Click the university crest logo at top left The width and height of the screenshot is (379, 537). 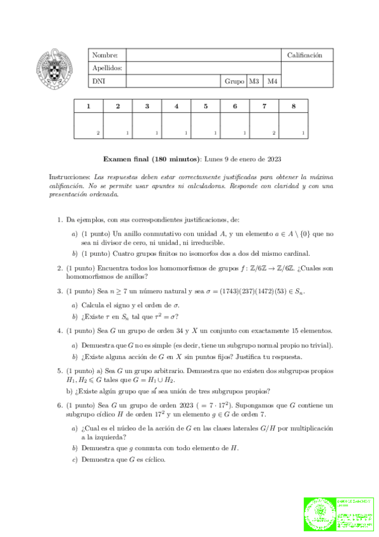point(56,69)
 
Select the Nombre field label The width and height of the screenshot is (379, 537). point(105,56)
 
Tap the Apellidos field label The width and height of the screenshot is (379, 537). point(108,68)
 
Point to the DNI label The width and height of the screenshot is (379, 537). point(99,82)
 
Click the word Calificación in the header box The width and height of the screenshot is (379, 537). point(305,56)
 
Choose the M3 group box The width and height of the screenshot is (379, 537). point(254,82)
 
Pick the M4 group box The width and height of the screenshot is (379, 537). point(272,82)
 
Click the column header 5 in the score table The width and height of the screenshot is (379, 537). point(206,106)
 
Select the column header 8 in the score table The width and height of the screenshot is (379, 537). point(294,106)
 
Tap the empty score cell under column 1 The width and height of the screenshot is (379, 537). point(89,125)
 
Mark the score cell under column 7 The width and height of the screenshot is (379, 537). point(264,125)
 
